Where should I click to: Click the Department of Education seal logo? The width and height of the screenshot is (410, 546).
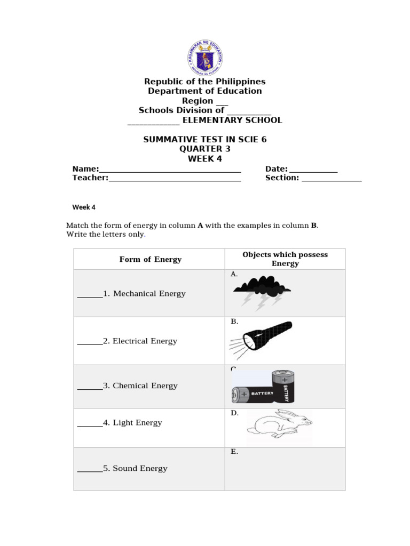[205, 56]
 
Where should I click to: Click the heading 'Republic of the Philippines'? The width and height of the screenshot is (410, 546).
[205, 82]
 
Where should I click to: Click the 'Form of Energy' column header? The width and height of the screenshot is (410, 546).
[150, 260]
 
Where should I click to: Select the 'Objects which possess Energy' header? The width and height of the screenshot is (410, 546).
[285, 259]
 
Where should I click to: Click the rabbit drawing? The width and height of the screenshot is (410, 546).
[279, 424]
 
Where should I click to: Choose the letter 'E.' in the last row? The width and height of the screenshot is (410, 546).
[234, 452]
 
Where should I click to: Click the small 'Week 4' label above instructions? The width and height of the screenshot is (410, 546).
[84, 207]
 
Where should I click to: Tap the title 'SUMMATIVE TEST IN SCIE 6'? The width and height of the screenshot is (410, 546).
[205, 140]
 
